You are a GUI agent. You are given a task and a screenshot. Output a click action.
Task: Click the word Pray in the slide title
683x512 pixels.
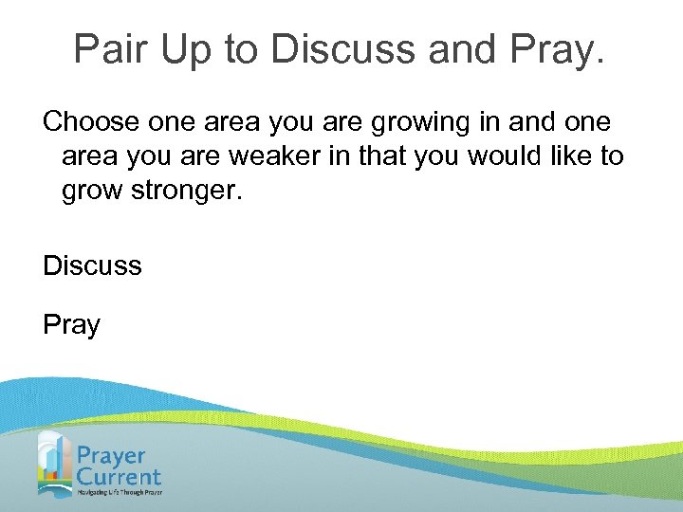pos(559,51)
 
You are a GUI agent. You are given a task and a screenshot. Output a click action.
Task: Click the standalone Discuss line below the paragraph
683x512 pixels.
pos(92,265)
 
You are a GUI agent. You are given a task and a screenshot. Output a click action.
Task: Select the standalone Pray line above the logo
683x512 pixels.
pos(71,326)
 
